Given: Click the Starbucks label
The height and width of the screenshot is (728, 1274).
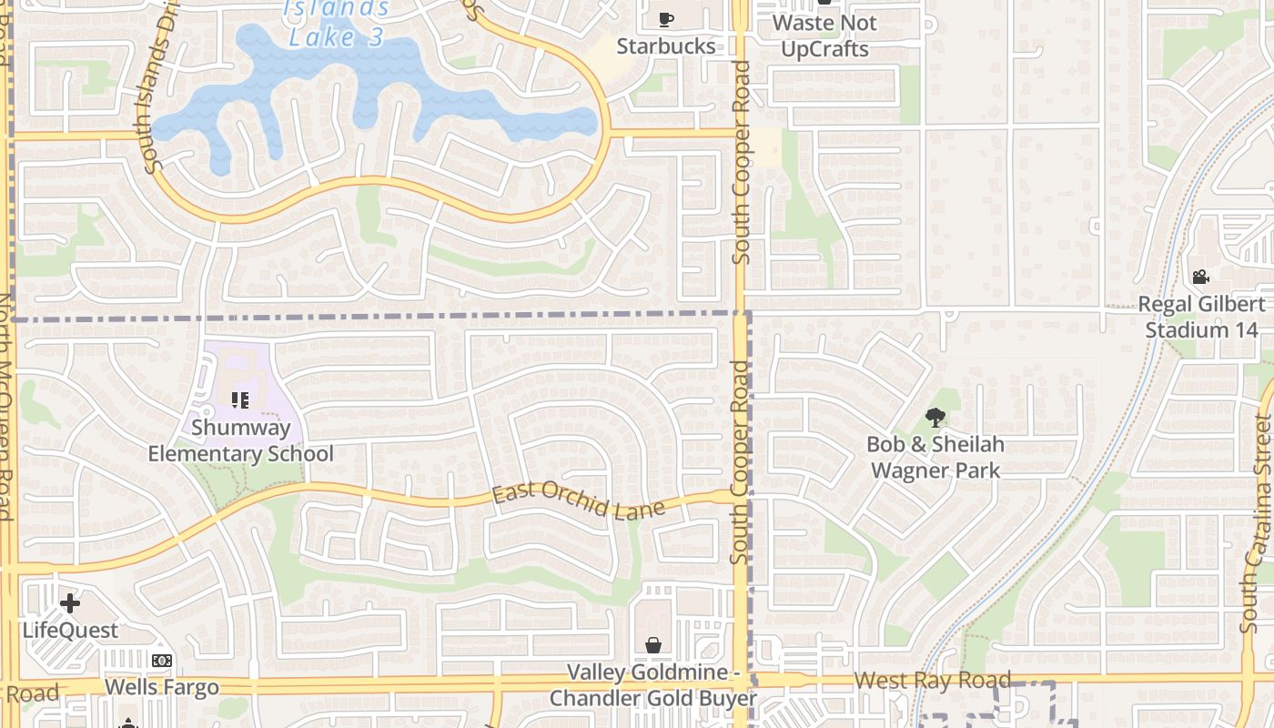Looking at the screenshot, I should pos(665,45).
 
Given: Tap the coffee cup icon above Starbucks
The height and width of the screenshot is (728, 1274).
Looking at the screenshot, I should pos(665,18).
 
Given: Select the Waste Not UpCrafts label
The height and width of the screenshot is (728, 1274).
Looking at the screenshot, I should pos(824,35).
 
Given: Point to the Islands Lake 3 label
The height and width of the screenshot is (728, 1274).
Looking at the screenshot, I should pos(337,24).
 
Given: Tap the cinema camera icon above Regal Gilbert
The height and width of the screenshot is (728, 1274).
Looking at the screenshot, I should pos(1200,277).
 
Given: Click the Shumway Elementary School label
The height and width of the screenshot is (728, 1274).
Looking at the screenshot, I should pos(240,440).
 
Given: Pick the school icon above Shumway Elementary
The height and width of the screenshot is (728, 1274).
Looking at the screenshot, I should pos(240,399).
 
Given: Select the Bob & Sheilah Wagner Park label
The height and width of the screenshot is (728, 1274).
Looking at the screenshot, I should pos(935,457).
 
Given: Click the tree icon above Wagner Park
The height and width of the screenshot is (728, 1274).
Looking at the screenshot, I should pos(935,418).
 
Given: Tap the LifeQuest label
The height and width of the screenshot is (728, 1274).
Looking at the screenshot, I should pos(70,630).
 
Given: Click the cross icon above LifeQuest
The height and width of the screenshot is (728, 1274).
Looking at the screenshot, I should pos(70,602).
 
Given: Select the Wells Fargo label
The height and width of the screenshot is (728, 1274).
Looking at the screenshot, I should pos(162,686).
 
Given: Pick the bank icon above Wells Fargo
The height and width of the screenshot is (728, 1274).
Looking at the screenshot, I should pos(162,661).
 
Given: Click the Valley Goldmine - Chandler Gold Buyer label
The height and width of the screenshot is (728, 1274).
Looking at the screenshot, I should pos(652,685).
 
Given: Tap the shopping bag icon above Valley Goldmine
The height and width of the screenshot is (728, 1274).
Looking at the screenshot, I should pos(653,645).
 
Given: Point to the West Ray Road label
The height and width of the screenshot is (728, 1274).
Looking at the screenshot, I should pos(933,679).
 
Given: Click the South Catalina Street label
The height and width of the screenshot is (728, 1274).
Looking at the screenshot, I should pos(1260,523).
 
